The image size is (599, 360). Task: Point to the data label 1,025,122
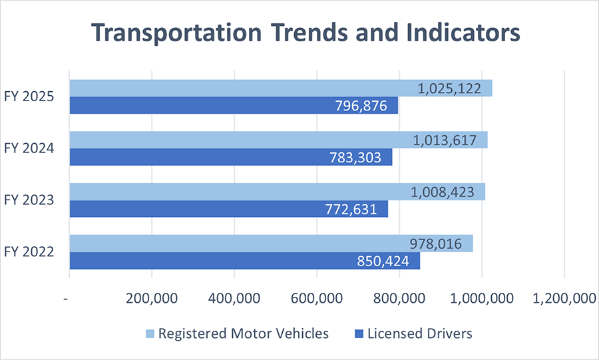[x=449, y=88]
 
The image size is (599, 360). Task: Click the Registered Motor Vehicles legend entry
[x=236, y=333]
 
